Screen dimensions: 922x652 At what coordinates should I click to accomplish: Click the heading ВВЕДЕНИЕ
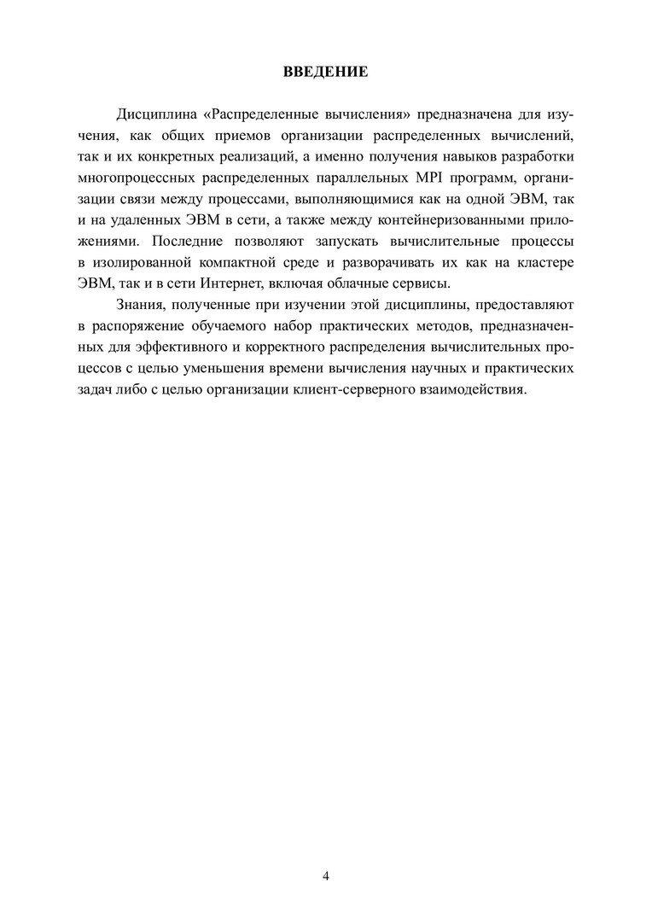[326, 72]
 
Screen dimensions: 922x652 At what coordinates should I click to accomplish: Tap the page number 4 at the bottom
[326, 876]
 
